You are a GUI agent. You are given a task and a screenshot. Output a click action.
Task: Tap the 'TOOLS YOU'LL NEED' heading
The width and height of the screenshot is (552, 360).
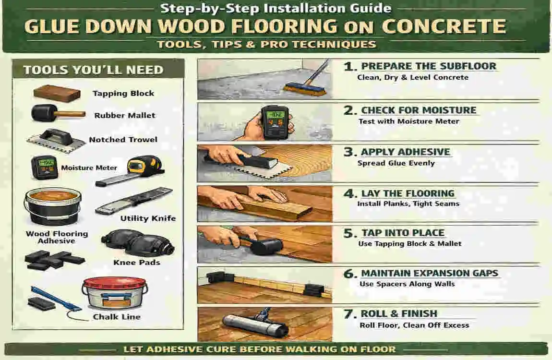[x=93, y=70]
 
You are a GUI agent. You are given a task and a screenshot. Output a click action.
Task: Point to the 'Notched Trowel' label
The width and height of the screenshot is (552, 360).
[x=123, y=140]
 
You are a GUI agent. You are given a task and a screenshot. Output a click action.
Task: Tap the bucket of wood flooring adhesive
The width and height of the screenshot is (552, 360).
[x=52, y=205]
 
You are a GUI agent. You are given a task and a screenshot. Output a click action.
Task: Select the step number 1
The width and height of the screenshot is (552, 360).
[x=349, y=67]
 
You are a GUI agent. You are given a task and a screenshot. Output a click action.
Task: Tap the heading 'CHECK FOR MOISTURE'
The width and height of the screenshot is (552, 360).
[x=419, y=110]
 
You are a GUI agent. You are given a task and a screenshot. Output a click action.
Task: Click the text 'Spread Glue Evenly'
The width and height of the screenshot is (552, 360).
[x=396, y=163]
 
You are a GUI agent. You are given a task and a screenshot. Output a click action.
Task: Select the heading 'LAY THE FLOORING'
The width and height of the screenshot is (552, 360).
[x=408, y=194]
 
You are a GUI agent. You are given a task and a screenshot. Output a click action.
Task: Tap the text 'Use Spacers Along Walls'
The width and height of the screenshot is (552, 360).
[x=407, y=284]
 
